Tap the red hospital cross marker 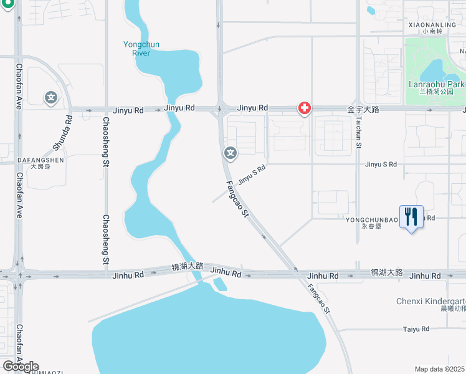tap(305, 109)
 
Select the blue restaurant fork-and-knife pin tap(411, 218)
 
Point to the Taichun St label tap(359, 135)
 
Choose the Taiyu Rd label tap(416, 328)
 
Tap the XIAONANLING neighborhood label tap(432, 25)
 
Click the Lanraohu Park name tap(437, 84)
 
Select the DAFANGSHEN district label tap(32, 160)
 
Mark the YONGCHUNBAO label tap(371, 219)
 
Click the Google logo tap(21, 366)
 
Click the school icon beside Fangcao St tap(231, 153)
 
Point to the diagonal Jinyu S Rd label tap(252, 174)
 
